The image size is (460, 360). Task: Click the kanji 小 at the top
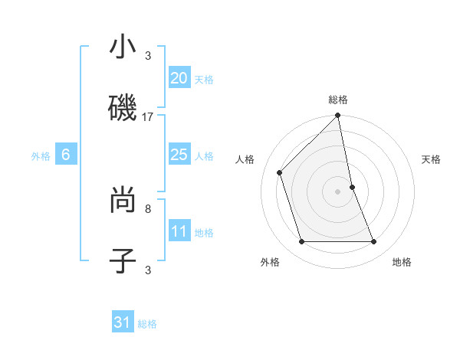point(123,48)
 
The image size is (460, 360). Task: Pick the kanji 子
point(123,260)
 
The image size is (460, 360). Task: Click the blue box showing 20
point(179,78)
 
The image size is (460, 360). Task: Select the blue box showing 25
point(179,155)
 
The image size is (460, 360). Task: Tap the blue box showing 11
point(179,231)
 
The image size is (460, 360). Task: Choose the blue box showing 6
point(66,155)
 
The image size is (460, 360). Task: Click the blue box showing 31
point(123,322)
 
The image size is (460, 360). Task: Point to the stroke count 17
point(148,117)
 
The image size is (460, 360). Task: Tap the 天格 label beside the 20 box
point(204,80)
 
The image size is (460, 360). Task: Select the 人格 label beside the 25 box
point(204,156)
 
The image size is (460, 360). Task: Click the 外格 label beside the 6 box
point(41,156)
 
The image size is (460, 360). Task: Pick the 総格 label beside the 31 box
point(148,324)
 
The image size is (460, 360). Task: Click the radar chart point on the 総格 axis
point(337,116)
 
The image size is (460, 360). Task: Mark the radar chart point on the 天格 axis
point(352,186)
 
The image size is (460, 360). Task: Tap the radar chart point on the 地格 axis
point(374,242)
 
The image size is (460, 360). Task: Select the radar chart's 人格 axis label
point(245,160)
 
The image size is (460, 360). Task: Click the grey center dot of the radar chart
point(337,191)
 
